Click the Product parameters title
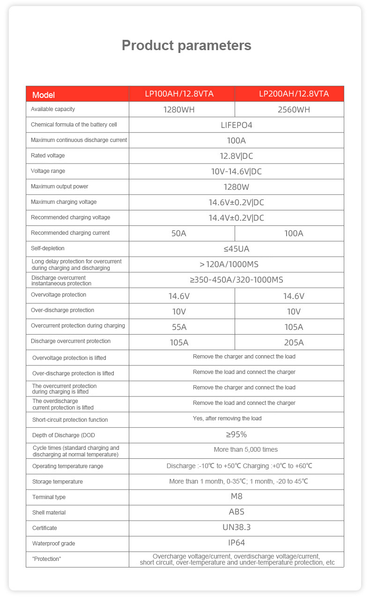click(186, 45)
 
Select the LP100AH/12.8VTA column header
click(179, 94)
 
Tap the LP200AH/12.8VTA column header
click(294, 94)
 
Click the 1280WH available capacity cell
click(179, 110)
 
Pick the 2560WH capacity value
click(294, 110)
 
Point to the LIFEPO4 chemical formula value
click(237, 125)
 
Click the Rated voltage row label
click(48, 156)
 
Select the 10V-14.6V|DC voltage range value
click(237, 172)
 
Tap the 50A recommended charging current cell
click(179, 233)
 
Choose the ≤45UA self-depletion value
click(237, 249)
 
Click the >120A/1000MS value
click(237, 264)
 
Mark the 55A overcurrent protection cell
click(179, 327)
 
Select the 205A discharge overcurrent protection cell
click(294, 343)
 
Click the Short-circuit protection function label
click(70, 420)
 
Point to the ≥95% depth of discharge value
click(237, 434)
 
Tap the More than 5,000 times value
click(245, 450)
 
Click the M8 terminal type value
click(237, 496)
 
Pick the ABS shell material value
click(237, 512)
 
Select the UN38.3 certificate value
click(237, 527)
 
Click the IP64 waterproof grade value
click(237, 543)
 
